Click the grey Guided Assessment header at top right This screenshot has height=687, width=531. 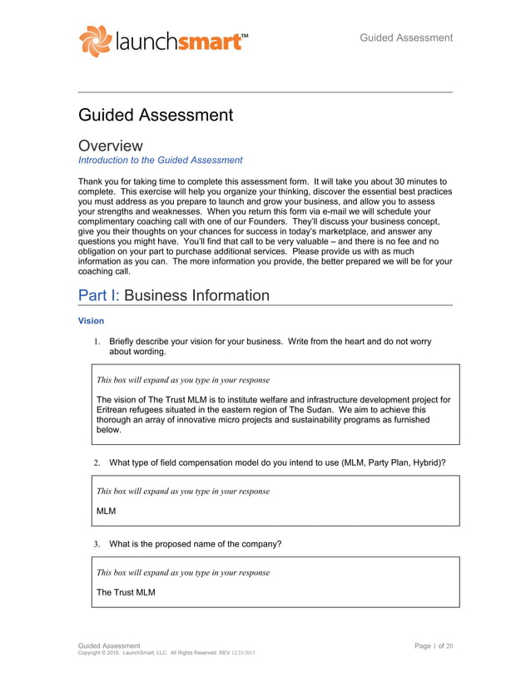(406, 37)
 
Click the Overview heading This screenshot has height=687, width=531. (110, 146)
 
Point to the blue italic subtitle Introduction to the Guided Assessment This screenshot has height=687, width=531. (160, 161)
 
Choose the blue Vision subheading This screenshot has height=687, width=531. (91, 319)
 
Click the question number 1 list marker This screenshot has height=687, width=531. (97, 341)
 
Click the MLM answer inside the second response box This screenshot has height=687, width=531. (107, 510)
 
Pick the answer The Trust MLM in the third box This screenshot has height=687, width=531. (126, 592)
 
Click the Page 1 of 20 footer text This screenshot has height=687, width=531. (433, 645)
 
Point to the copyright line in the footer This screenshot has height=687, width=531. (166, 654)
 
